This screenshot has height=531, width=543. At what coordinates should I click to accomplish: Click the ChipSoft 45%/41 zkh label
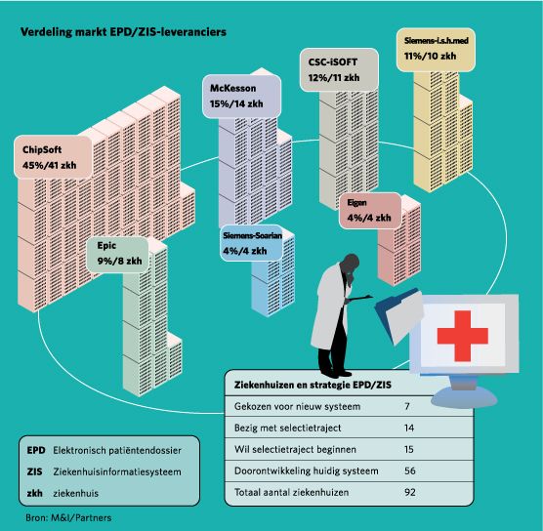click(53, 157)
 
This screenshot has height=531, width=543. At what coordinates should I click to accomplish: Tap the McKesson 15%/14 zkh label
click(242, 96)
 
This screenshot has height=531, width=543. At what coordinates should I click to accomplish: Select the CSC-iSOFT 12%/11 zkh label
click(339, 70)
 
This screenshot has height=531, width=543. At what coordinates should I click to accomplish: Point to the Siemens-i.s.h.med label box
click(436, 50)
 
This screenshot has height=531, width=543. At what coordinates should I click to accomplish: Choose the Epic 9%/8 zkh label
click(117, 255)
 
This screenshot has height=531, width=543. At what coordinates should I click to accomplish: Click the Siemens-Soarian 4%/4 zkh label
click(252, 243)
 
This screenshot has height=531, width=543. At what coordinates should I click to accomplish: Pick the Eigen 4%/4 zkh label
click(370, 211)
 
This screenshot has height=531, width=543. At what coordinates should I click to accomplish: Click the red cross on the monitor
click(463, 336)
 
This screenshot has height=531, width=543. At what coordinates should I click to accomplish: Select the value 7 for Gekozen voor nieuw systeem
click(407, 406)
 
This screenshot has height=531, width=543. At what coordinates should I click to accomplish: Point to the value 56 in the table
click(409, 470)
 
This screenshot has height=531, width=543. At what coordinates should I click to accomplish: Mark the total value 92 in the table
click(409, 492)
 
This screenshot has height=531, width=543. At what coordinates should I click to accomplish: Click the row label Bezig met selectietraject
click(288, 429)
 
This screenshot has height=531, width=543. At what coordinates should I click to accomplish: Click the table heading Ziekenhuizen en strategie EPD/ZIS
click(313, 385)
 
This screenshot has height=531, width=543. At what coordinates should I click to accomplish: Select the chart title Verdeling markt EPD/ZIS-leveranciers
click(123, 32)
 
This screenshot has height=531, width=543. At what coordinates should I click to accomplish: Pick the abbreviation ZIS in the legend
click(34, 471)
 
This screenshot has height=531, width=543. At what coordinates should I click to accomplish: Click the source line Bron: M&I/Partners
click(68, 518)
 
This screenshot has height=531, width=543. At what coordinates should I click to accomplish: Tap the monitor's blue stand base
click(464, 396)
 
